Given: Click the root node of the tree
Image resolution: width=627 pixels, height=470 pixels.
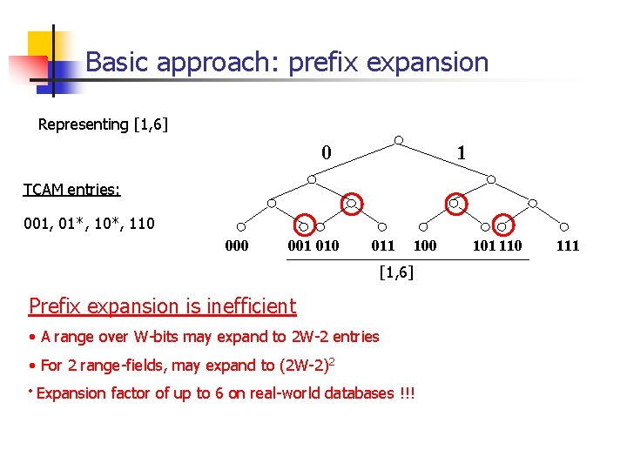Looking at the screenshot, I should (x=398, y=140).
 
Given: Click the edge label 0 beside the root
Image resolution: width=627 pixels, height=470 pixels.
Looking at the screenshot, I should (x=326, y=153).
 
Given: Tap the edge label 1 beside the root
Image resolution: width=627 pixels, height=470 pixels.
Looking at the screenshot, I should (x=462, y=153).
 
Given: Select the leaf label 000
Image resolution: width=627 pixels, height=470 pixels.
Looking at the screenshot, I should (x=237, y=246).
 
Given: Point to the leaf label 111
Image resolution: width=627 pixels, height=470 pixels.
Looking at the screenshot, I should (x=567, y=246).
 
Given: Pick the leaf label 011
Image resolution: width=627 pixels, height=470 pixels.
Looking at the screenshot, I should (x=383, y=246).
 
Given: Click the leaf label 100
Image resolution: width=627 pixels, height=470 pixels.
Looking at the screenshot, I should (x=425, y=246).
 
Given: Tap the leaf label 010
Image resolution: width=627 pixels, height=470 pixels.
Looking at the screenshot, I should (x=327, y=246).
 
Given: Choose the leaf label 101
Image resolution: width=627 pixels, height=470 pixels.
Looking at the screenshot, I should (x=484, y=246).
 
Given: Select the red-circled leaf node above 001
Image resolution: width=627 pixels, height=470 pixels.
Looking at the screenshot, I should (x=303, y=225).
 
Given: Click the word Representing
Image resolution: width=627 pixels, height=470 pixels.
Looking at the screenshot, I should (x=84, y=124).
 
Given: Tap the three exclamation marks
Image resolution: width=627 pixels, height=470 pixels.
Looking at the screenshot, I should (x=407, y=393).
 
